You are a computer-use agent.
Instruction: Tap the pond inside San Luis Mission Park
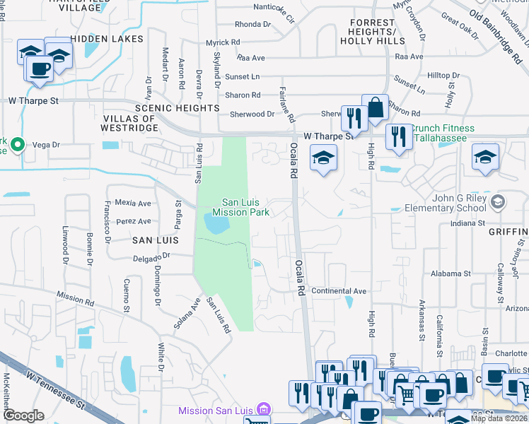(216, 224)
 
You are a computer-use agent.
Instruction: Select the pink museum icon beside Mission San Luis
(263, 410)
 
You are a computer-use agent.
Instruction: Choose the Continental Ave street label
(339, 291)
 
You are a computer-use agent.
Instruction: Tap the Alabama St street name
(450, 273)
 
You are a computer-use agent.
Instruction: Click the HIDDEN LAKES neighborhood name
(107, 39)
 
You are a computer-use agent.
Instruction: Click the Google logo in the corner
(23, 415)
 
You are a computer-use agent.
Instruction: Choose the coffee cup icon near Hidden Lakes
(40, 69)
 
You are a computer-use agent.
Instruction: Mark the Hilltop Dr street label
(443, 75)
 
